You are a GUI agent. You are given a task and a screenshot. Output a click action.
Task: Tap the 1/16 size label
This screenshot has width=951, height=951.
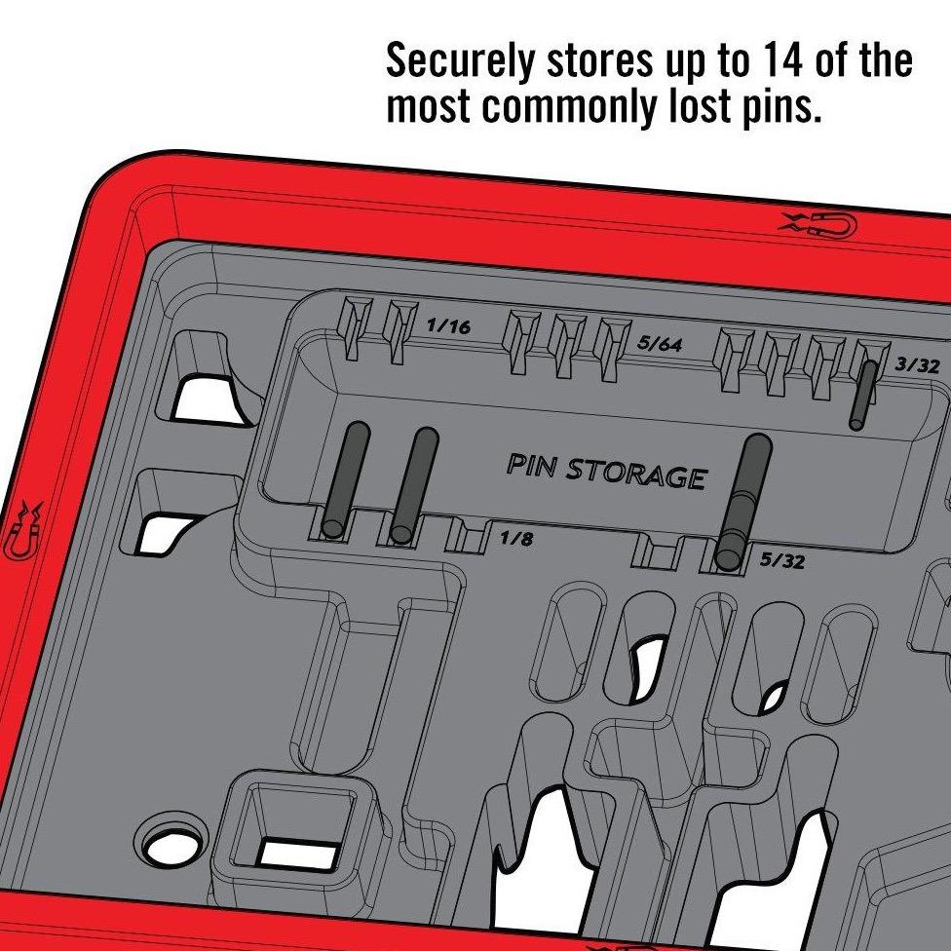click(447, 326)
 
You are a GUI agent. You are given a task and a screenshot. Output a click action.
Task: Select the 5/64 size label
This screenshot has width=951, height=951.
click(660, 344)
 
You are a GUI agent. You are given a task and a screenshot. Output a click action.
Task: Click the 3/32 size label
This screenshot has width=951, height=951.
click(916, 365)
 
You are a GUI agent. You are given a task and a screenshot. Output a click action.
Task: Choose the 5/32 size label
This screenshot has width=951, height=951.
click(781, 560)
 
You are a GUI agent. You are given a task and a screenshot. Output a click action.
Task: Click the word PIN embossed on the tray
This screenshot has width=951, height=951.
click(532, 466)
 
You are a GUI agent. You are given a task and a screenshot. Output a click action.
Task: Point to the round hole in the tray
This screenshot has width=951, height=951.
click(176, 839)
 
